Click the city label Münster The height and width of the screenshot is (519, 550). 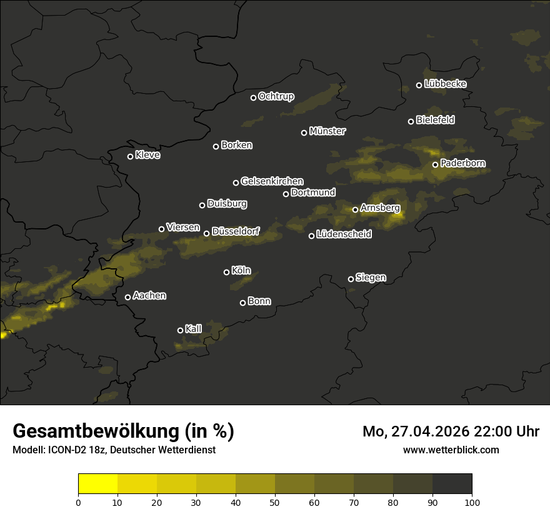pyautogui.click(x=327, y=131)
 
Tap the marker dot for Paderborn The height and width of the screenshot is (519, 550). pyautogui.click(x=436, y=164)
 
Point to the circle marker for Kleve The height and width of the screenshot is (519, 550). pyautogui.click(x=131, y=156)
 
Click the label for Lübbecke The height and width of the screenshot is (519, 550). pyautogui.click(x=445, y=84)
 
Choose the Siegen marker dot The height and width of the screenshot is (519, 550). pyautogui.click(x=351, y=279)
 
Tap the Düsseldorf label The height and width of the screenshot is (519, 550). pyautogui.click(x=236, y=232)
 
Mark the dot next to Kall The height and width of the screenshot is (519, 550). pyautogui.click(x=181, y=330)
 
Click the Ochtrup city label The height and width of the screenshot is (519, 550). pyautogui.click(x=276, y=96)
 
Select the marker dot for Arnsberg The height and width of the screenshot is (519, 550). pyautogui.click(x=356, y=209)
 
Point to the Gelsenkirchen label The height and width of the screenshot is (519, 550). pyautogui.click(x=272, y=181)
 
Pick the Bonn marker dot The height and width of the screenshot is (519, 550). pyautogui.click(x=243, y=303)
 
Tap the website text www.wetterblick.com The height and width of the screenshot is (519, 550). pyautogui.click(x=451, y=450)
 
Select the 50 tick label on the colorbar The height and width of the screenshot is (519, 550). pyautogui.click(x=275, y=501)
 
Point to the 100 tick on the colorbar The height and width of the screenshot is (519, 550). pyautogui.click(x=472, y=501)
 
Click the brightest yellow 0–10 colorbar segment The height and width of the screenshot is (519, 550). pyautogui.click(x=98, y=484)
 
